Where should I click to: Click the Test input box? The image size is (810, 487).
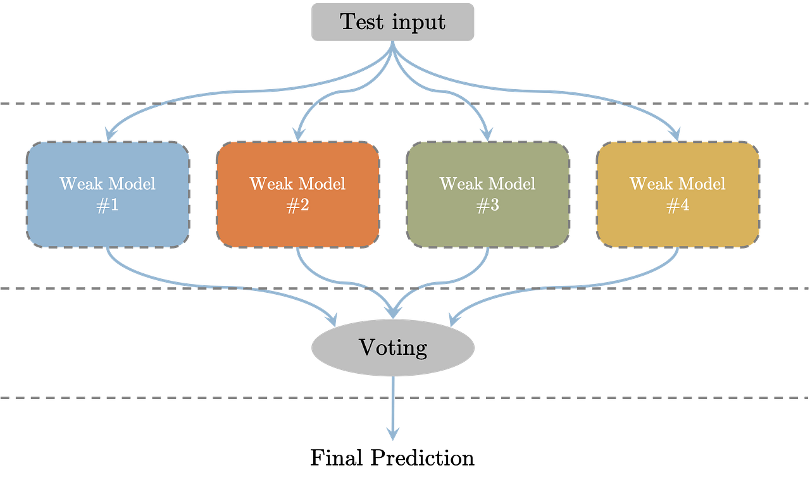392,22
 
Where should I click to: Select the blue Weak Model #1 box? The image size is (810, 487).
108,194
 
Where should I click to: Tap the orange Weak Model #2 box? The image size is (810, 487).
297,194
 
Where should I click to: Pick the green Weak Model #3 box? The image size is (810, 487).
487,194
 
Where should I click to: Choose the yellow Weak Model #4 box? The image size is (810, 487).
677,194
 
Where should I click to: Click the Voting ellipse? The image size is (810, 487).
392,348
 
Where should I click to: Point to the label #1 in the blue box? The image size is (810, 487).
108,207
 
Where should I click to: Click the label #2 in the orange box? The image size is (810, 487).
297,207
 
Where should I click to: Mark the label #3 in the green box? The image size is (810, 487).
487,207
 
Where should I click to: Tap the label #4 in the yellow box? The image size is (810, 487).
677,207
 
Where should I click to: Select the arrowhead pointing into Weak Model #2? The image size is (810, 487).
297,133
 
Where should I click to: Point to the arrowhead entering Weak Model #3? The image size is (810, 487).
486,133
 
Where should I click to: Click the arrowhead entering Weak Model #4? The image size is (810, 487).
675,133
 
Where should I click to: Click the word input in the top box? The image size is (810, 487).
419,22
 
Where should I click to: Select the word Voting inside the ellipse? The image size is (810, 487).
392,348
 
